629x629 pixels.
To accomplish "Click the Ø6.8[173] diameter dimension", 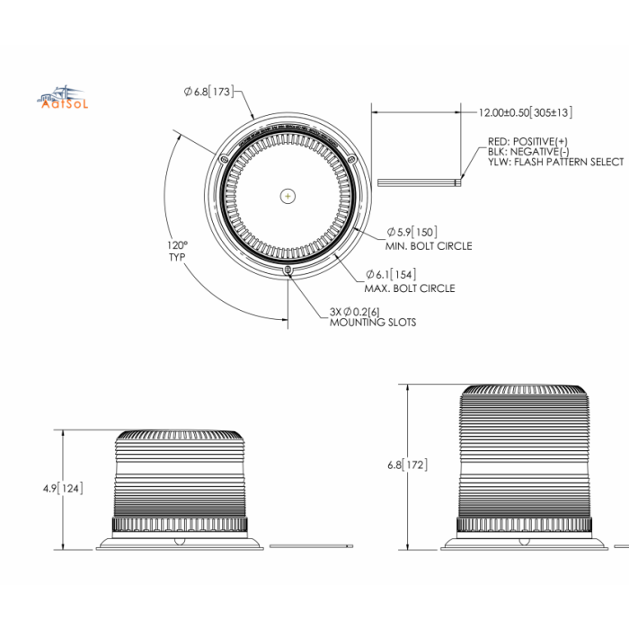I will pyautogui.click(x=208, y=91).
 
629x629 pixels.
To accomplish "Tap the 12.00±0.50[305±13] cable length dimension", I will pyautogui.click(x=525, y=112).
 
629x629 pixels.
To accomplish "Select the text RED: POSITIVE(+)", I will pyautogui.click(x=527, y=141).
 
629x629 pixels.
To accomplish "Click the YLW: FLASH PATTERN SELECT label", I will pyautogui.click(x=554, y=162).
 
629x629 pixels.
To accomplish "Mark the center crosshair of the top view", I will pyautogui.click(x=287, y=195).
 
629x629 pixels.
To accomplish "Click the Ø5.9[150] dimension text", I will pyautogui.click(x=412, y=231).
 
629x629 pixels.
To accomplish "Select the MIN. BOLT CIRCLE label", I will pyautogui.click(x=429, y=245).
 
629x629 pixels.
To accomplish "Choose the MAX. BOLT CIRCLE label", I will pyautogui.click(x=409, y=288).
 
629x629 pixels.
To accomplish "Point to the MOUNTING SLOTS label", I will pyautogui.click(x=372, y=322).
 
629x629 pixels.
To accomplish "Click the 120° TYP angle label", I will pyautogui.click(x=177, y=251).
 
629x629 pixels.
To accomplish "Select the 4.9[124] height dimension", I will pyautogui.click(x=62, y=488).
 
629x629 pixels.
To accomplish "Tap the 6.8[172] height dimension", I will pyautogui.click(x=407, y=465).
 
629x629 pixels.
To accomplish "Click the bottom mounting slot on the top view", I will pyautogui.click(x=287, y=271).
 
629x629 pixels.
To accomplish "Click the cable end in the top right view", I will pyautogui.click(x=458, y=182).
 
